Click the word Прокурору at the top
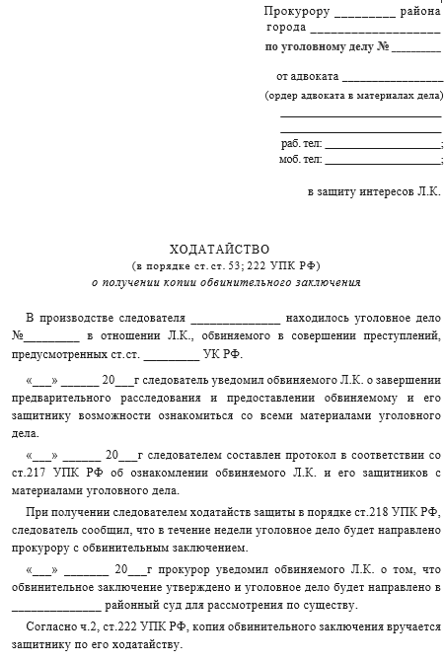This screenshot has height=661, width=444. (297, 11)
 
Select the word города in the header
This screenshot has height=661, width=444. (287, 28)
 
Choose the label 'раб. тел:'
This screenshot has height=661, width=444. (301, 143)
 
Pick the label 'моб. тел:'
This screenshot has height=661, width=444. (301, 159)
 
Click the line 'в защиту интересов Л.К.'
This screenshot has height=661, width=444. (374, 189)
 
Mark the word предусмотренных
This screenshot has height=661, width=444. (59, 353)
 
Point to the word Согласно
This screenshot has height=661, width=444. (52, 626)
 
